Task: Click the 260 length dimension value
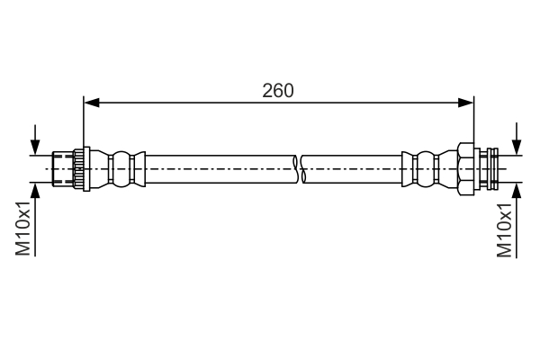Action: (x=278, y=91)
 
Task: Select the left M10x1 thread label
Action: (x=23, y=228)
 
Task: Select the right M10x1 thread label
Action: (x=504, y=229)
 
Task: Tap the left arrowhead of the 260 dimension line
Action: (x=92, y=103)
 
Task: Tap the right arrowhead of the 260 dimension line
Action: (x=466, y=103)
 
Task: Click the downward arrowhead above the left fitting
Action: (x=35, y=147)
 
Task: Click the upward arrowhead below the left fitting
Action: (x=35, y=191)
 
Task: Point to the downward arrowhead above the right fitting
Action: (x=517, y=147)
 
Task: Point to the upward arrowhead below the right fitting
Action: (x=517, y=191)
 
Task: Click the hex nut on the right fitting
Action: (x=465, y=169)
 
